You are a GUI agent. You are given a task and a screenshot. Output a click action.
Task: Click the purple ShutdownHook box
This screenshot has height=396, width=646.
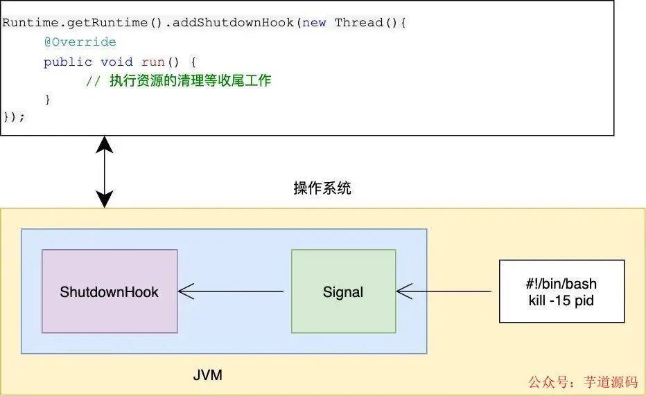[110, 291]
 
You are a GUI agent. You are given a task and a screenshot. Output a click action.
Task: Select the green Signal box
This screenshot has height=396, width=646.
[343, 291]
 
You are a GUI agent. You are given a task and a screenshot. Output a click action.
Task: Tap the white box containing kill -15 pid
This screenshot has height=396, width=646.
[561, 291]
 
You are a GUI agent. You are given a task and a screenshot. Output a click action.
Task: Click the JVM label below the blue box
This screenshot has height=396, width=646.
[208, 376]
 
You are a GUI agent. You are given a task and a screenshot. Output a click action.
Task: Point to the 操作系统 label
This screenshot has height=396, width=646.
[322, 188]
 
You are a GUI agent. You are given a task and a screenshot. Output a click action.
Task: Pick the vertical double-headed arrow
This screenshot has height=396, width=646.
[104, 172]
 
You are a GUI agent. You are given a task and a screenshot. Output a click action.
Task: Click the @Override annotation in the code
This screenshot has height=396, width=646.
[80, 42]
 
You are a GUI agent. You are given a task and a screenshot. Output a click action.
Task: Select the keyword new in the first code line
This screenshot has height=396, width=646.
[315, 22]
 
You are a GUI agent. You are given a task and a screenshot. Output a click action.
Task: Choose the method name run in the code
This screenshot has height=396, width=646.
[152, 62]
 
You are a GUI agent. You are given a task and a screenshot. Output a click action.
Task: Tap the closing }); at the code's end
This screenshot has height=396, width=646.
[14, 116]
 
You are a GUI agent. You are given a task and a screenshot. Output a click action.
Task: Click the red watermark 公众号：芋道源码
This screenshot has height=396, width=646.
[583, 381]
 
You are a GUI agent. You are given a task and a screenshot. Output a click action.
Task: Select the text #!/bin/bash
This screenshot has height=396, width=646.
[561, 284]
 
